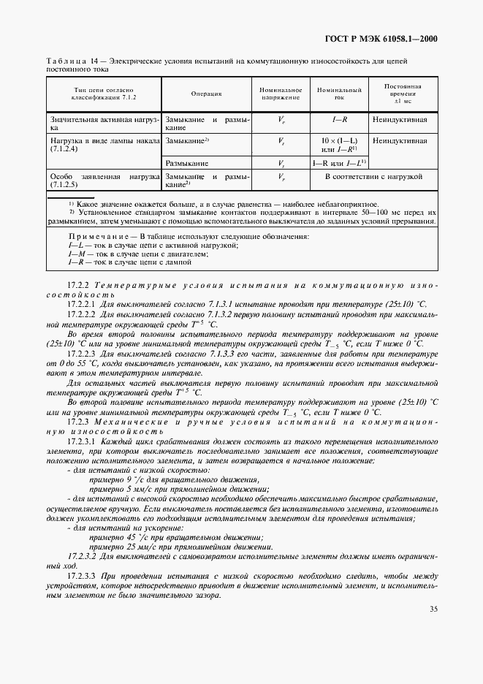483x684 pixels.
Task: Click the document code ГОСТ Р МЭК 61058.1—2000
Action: click(384, 39)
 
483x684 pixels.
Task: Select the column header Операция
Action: click(206, 94)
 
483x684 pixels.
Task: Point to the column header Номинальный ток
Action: click(339, 94)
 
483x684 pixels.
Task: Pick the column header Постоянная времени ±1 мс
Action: click(403, 94)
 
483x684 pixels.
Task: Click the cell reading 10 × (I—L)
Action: click(339, 139)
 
